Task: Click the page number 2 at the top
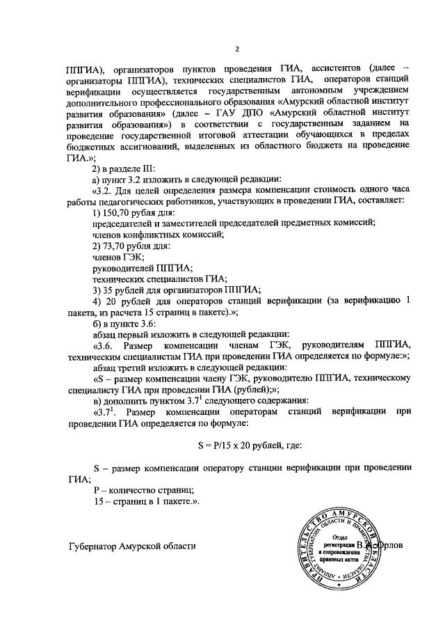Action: click(x=236, y=48)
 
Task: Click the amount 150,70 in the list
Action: click(x=116, y=212)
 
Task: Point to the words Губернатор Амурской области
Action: click(x=133, y=547)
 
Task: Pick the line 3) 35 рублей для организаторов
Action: click(x=176, y=290)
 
